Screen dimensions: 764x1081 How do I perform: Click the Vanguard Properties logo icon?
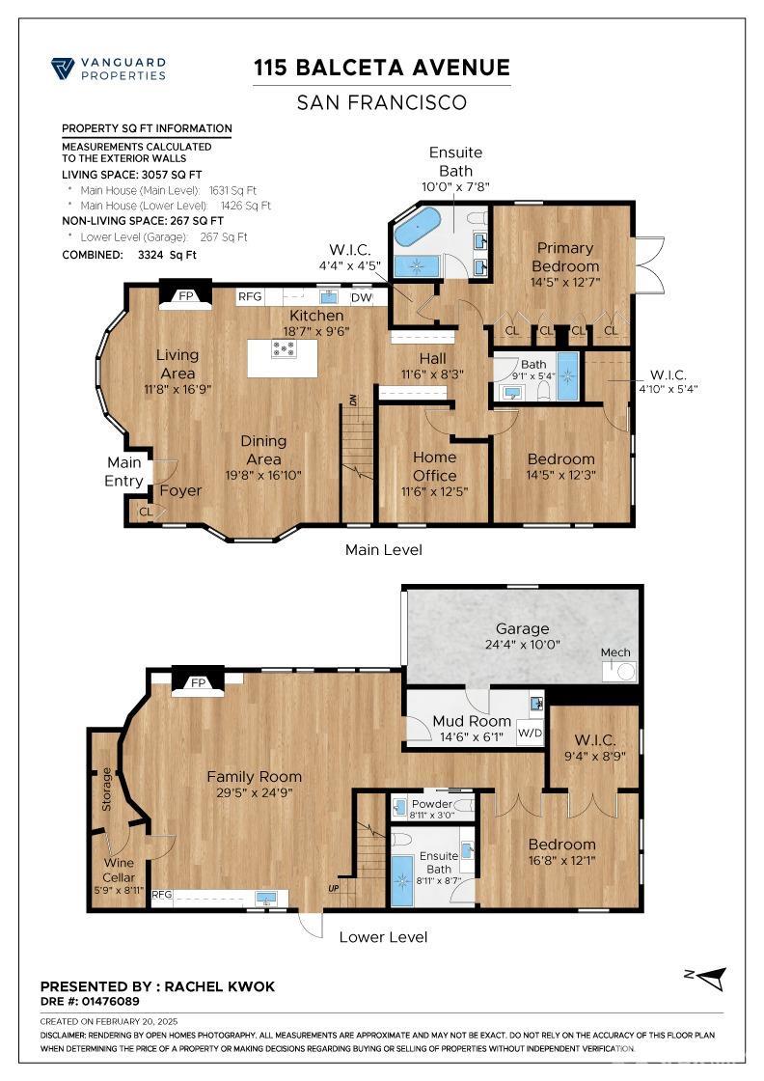click(x=63, y=69)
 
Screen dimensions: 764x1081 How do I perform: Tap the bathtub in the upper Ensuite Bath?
click(x=418, y=226)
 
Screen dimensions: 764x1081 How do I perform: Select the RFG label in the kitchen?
click(x=250, y=296)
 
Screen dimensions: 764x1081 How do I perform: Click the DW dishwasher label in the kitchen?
click(x=361, y=298)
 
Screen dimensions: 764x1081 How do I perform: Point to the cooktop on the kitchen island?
click(x=284, y=348)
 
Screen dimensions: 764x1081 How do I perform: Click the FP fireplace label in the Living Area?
click(x=186, y=295)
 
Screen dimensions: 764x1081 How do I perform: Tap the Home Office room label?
click(x=435, y=466)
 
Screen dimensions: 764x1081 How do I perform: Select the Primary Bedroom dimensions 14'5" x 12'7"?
click(x=565, y=282)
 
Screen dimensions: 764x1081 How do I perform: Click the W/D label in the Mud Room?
click(x=530, y=733)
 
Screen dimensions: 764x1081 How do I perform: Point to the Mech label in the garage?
click(x=615, y=652)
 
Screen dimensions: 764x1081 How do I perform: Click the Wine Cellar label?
click(x=119, y=870)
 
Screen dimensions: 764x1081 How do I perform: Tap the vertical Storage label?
click(x=106, y=789)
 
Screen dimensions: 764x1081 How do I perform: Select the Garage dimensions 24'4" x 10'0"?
click(x=522, y=645)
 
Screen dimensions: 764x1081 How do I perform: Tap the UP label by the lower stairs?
click(x=334, y=888)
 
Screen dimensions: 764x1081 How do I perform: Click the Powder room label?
click(x=432, y=804)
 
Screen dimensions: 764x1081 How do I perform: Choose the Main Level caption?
click(x=384, y=549)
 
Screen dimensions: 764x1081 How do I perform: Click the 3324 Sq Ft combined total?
click(x=167, y=255)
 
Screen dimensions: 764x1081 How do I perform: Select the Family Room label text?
click(x=255, y=776)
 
